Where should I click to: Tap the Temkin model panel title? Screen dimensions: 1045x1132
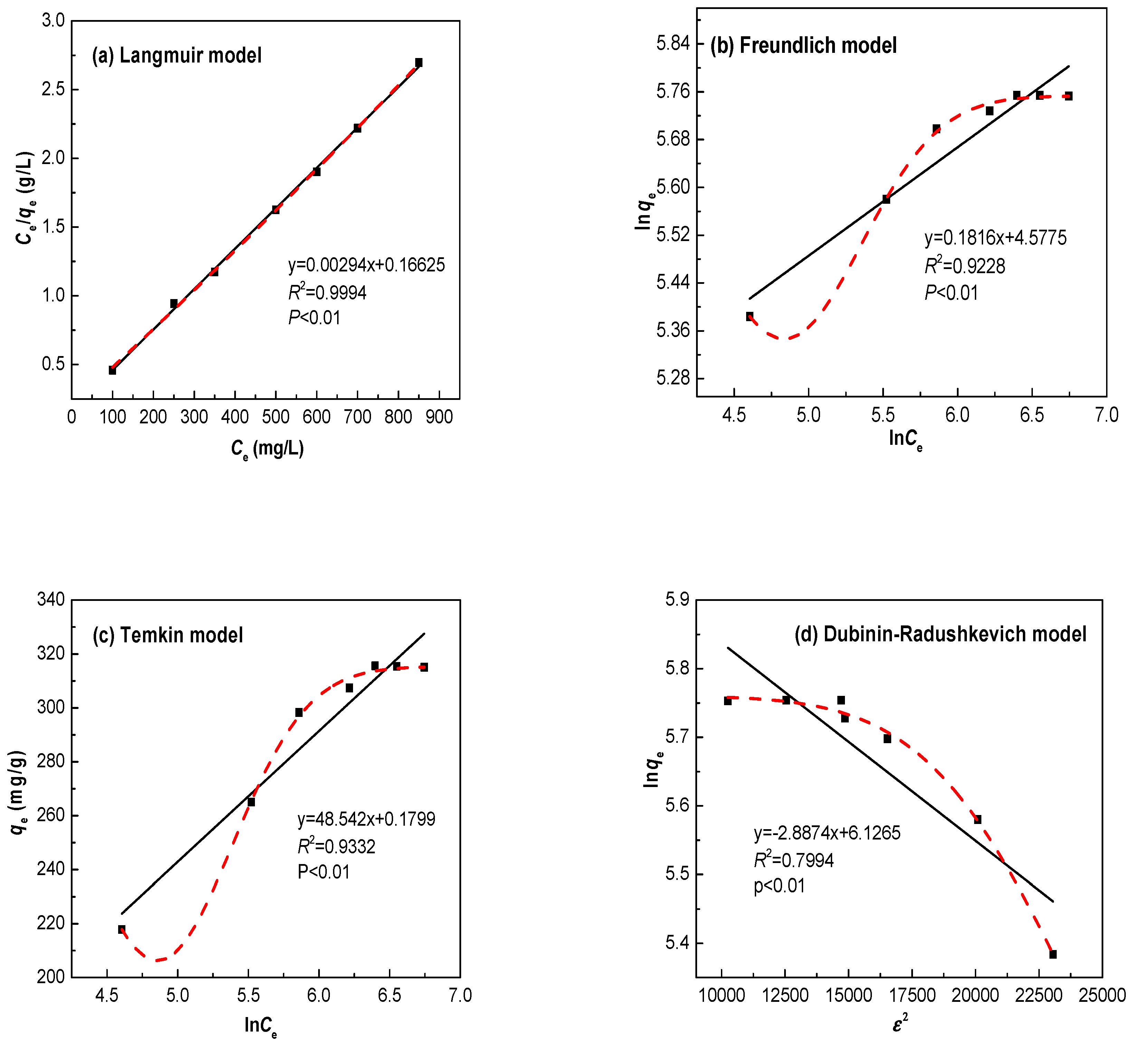(168, 635)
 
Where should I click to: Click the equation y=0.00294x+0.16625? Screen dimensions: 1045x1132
(366, 265)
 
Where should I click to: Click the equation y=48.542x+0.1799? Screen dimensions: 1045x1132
(366, 819)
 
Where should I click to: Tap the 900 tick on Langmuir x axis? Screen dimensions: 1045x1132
(439, 417)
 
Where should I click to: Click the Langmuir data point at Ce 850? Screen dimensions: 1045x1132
(419, 62)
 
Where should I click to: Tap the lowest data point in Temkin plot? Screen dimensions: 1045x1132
(122, 929)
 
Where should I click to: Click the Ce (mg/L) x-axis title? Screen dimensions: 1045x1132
(267, 449)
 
